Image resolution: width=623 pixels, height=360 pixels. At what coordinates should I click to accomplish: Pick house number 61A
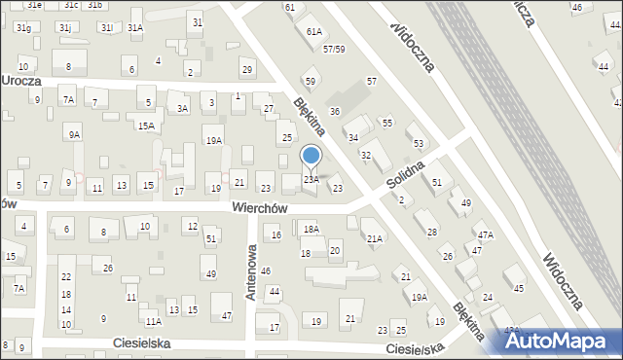[313, 31]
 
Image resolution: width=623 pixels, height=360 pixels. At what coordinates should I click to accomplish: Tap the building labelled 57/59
[335, 49]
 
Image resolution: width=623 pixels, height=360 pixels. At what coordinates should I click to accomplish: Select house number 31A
[135, 28]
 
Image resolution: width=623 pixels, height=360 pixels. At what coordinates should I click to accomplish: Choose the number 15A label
[146, 126]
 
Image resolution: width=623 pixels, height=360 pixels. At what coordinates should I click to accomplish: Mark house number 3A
[181, 108]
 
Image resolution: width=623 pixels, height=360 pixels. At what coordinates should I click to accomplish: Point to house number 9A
[74, 134]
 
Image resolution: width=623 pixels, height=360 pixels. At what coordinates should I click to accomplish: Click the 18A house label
[311, 229]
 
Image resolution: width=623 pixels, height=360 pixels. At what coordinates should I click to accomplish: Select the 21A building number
[374, 238]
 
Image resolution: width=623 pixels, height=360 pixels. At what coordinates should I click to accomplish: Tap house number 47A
[485, 234]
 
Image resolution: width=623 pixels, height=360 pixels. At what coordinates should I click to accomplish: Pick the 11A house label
[153, 321]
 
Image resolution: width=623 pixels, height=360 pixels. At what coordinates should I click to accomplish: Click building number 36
[334, 112]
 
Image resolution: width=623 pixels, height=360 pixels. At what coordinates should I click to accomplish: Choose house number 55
[386, 123]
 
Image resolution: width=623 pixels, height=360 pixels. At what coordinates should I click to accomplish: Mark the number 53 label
[419, 143]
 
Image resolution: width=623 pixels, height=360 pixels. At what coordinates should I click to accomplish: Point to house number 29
[247, 69]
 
